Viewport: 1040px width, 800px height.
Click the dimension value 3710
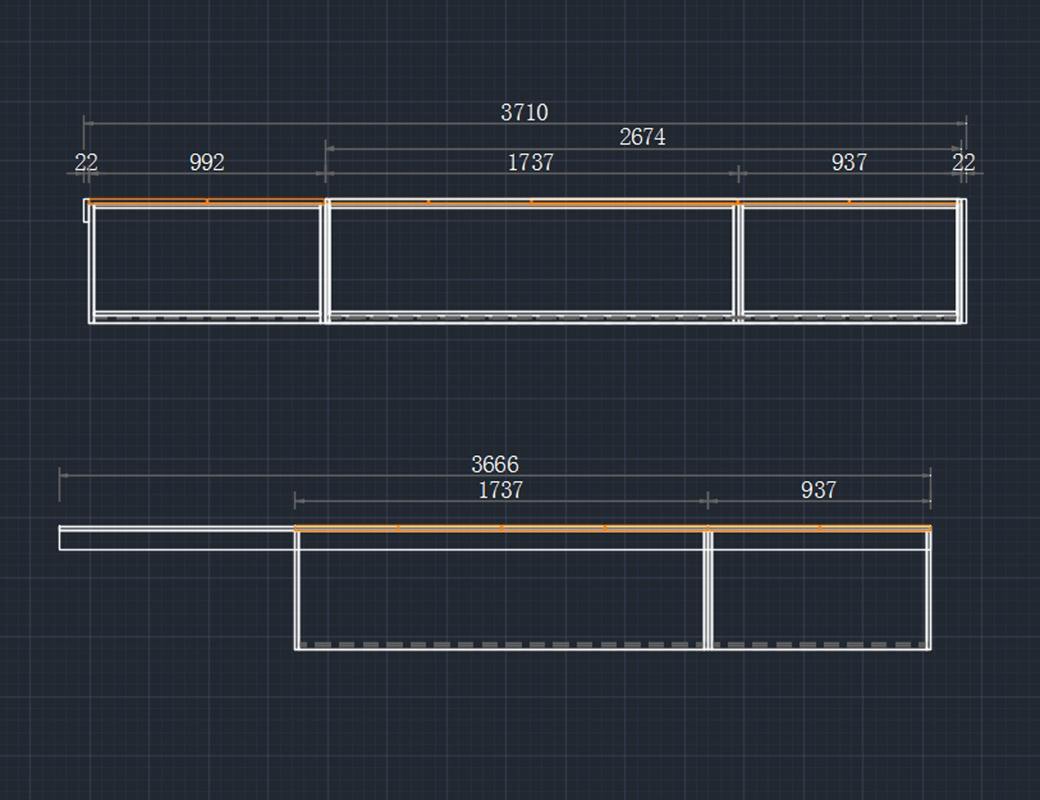pos(524,113)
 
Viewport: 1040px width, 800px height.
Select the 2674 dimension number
pos(642,137)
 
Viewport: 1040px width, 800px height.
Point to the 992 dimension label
pos(206,162)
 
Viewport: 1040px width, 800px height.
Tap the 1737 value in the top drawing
pos(530,162)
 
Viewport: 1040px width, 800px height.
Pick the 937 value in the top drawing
pos(848,162)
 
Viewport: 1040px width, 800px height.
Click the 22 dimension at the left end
pos(86,162)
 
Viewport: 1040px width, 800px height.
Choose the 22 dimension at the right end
pos(964,162)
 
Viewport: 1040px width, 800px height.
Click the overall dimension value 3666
pos(495,465)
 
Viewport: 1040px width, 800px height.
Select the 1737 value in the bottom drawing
pos(500,490)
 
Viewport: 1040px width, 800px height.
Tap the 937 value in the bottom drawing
pos(818,490)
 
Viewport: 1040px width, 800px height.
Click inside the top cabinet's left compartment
pos(206,258)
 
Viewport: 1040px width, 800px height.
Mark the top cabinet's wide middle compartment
pos(531,258)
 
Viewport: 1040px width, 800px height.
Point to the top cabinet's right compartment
pos(849,258)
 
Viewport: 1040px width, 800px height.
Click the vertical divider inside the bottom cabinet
pos(708,589)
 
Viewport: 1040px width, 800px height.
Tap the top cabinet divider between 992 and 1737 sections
pos(326,260)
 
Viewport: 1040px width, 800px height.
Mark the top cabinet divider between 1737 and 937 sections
pos(738,260)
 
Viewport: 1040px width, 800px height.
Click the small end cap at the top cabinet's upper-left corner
pos(86,211)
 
